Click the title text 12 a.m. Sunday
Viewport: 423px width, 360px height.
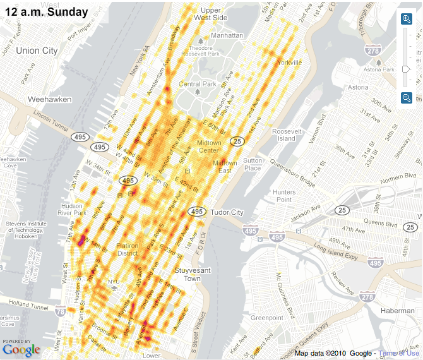46,11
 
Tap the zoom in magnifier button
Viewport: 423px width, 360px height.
407,19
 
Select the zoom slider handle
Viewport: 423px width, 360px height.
407,69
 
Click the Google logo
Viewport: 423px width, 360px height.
21,350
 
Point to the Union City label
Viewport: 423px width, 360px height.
36,51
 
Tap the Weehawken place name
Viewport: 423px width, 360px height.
49,99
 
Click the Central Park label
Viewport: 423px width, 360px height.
198,84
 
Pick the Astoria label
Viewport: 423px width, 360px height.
358,87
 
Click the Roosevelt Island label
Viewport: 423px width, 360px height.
287,135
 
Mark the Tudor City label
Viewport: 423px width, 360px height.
227,213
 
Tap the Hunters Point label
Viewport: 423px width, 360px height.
283,196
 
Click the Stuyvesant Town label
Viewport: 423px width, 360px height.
187,275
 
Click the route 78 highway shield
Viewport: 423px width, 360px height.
61,311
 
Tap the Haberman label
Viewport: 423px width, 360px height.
397,311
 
